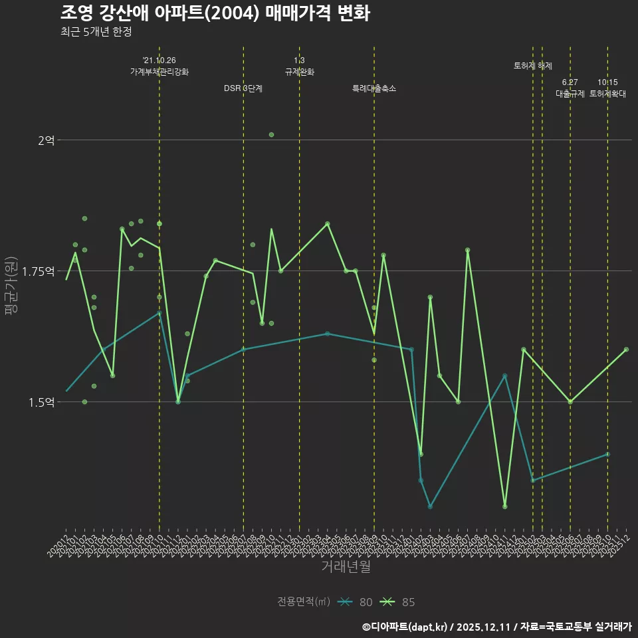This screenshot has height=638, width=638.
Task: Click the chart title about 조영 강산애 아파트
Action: coord(215,13)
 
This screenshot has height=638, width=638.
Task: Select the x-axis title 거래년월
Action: coord(346,566)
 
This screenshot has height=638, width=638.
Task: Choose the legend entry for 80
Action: coord(356,602)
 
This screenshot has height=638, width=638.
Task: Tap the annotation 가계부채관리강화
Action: coord(159,72)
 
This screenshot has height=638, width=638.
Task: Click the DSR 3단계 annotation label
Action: coord(243,88)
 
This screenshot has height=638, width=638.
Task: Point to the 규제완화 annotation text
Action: coord(299,72)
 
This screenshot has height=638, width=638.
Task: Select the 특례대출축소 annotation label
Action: coord(374,88)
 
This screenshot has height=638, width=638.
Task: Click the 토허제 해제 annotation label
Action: coord(533,66)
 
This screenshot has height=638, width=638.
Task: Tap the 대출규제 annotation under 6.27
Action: coord(570,94)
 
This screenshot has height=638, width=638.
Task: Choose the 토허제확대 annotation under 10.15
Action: coord(607,94)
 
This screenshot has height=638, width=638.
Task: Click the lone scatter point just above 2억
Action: coord(271,135)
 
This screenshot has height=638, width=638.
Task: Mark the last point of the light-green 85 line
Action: coord(626,350)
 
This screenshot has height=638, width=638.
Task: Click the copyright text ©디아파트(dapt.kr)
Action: coord(405,627)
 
